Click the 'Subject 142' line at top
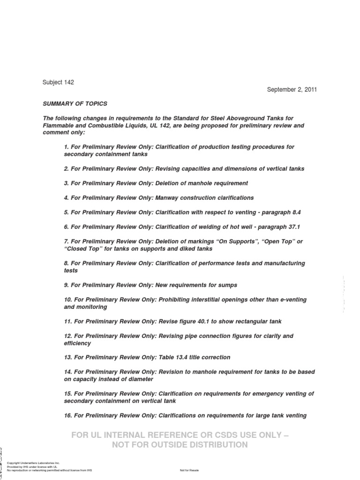tap(58, 82)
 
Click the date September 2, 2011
tap(292, 90)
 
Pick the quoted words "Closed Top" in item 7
tap(81, 249)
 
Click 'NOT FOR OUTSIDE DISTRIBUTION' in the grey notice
tap(180, 445)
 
